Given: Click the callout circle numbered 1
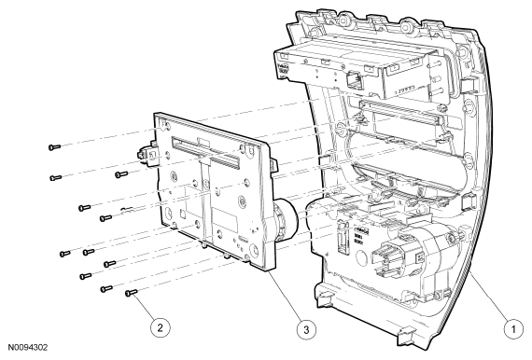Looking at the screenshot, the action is click(513, 329).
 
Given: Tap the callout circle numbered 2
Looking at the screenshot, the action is click(161, 327).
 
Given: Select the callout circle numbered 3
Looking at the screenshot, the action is click(306, 329).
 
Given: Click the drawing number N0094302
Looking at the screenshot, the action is click(28, 348).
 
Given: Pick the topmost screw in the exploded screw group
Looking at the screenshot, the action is click(54, 147).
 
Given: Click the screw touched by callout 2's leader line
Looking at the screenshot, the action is click(131, 293).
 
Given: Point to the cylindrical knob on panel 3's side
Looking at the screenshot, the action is click(285, 219).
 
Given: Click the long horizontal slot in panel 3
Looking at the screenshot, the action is click(206, 153).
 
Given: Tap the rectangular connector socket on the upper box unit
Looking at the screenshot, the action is click(353, 79).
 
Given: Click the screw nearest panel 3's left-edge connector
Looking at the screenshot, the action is click(121, 174).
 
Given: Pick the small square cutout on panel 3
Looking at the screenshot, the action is click(182, 215).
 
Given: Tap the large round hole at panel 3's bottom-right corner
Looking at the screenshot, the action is click(254, 250).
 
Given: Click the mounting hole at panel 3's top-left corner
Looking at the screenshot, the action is click(167, 126).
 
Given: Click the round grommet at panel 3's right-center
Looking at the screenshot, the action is click(243, 201).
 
